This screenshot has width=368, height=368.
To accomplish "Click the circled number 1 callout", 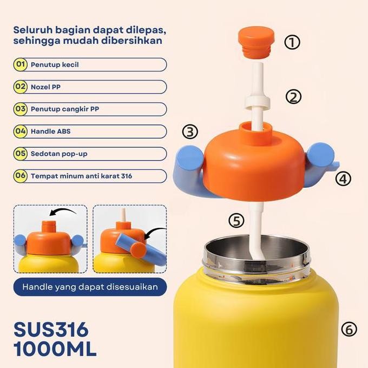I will point(292,42).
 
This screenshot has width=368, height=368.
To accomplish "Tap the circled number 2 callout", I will point(293,97).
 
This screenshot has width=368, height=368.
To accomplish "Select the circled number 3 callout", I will point(190,132).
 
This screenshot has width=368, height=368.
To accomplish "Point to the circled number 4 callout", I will point(343,178).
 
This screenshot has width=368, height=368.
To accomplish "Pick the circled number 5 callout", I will point(236,221).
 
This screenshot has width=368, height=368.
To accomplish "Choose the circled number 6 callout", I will point(349,329).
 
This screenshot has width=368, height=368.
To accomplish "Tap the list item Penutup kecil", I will point(90,65).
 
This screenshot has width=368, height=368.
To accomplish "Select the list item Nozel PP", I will point(90,87).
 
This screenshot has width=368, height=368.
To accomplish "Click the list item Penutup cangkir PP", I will point(90,109).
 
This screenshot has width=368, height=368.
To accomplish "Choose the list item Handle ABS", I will point(90,132).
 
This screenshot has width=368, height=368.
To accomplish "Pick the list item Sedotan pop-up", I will point(90,154).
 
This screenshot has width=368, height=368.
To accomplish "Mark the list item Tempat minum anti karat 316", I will point(90,176).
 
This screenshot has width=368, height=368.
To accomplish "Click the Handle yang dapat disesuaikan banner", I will point(90,287).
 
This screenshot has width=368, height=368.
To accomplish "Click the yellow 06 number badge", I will point(21,176).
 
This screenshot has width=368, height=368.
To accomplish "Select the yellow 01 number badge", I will point(21,65).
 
